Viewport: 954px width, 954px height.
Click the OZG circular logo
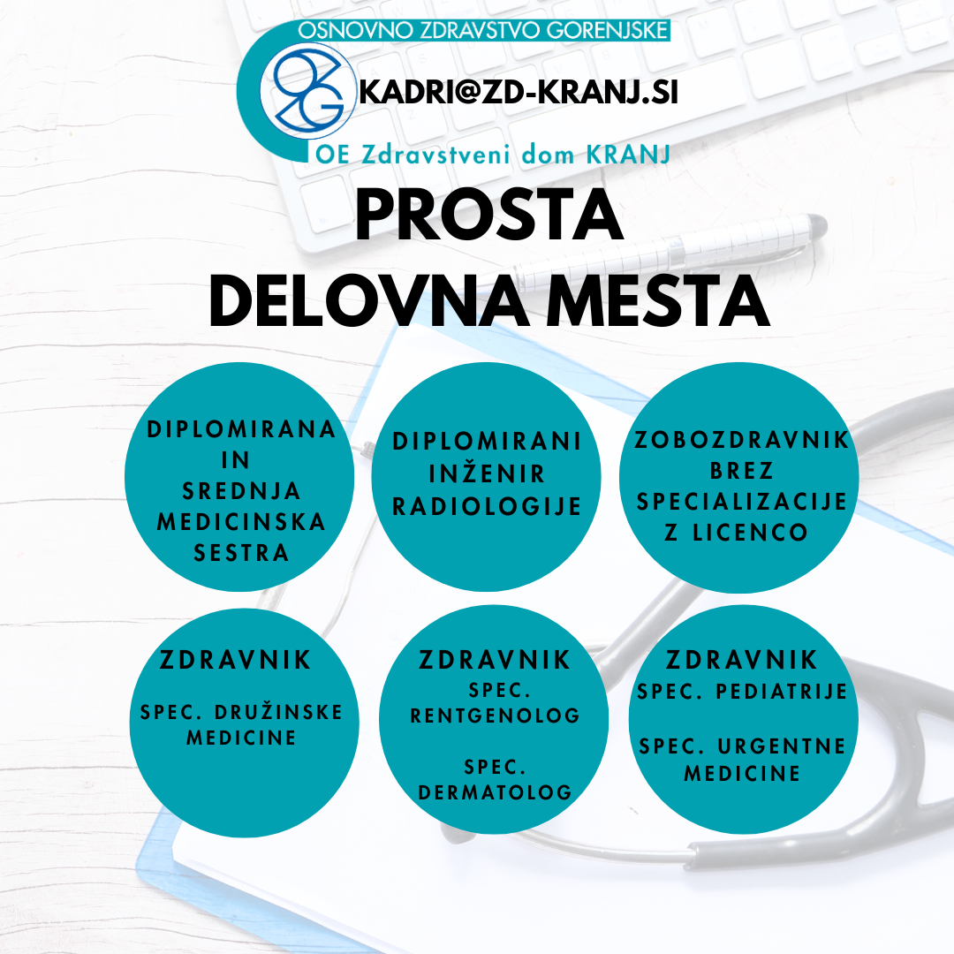pyautogui.click(x=307, y=91)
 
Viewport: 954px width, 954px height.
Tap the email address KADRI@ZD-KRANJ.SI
pyautogui.click(x=519, y=93)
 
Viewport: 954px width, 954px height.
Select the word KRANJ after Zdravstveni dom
pyautogui.click(x=628, y=155)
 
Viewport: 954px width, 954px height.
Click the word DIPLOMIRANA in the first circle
pyautogui.click(x=241, y=429)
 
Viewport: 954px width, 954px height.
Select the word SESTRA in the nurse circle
pyautogui.click(x=241, y=553)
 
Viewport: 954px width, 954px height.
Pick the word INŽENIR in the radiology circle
pyautogui.click(x=487, y=473)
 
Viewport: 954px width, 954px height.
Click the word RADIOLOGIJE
pyautogui.click(x=487, y=506)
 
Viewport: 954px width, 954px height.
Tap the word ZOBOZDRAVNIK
pyautogui.click(x=741, y=440)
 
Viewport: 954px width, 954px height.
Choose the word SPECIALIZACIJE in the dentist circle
pyautogui.click(x=742, y=502)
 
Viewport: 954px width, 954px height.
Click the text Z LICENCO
pyautogui.click(x=736, y=533)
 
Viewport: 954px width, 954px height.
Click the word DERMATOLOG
pyautogui.click(x=496, y=792)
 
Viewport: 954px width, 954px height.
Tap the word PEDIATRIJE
pyautogui.click(x=782, y=692)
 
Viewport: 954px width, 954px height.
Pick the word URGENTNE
pyautogui.click(x=782, y=746)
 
